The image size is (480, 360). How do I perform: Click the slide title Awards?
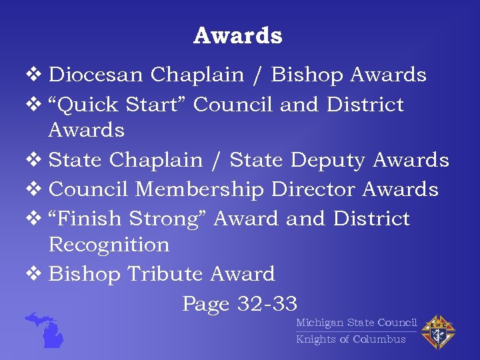click(x=238, y=36)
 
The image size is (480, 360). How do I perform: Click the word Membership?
click(x=200, y=190)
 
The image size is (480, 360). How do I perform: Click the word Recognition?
click(x=109, y=245)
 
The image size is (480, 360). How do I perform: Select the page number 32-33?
click(x=267, y=304)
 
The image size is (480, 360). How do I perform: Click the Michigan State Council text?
click(x=356, y=323)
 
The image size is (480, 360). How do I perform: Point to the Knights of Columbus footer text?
click(x=351, y=339)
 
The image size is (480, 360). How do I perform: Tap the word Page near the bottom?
click(x=206, y=304)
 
